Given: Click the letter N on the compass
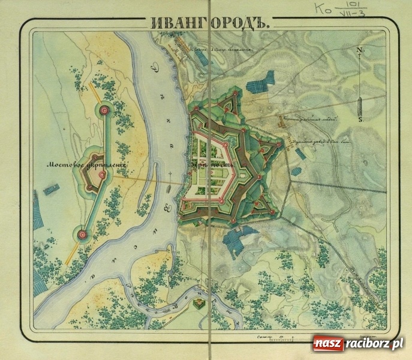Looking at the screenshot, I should point(359,50).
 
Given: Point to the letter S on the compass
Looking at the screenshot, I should point(359,119).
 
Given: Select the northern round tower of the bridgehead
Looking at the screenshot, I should point(106,109).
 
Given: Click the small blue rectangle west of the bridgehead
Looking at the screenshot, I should point(52,190).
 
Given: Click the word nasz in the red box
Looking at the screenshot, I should point(327,344).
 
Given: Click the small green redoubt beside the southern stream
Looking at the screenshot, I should point(199,305).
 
